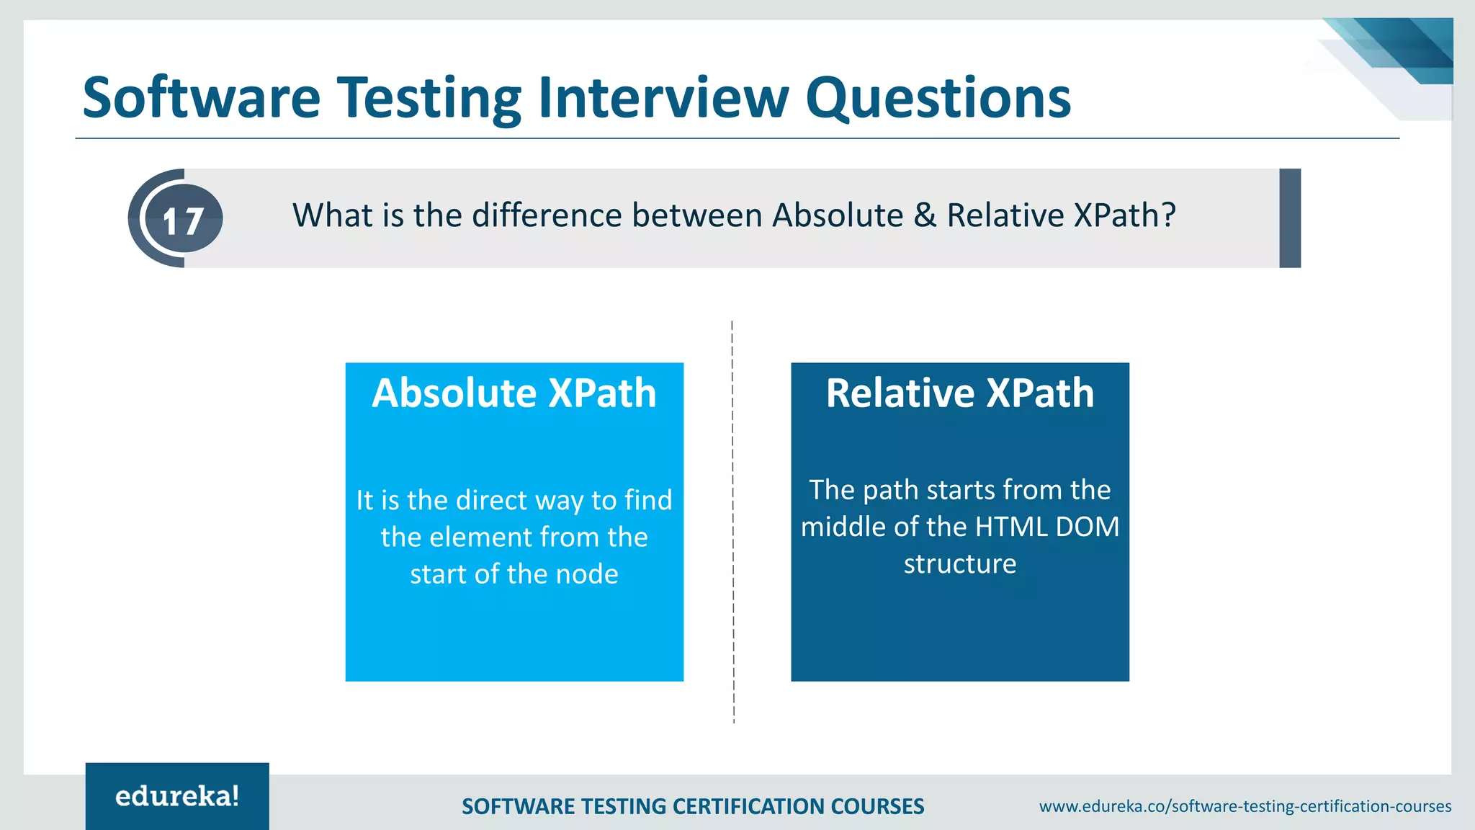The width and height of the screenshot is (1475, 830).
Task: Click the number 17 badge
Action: point(183,220)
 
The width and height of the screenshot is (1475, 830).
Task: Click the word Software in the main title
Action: point(201,98)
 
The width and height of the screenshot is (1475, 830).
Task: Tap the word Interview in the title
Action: point(663,98)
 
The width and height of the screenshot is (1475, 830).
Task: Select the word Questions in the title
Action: point(938,98)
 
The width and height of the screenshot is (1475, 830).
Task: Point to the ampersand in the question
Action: point(925,215)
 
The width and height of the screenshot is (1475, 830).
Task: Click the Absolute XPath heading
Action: point(514,393)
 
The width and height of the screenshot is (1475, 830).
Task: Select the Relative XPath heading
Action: point(959,393)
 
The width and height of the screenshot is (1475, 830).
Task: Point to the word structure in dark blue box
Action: point(959,564)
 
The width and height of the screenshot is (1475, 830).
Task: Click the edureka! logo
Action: point(177,796)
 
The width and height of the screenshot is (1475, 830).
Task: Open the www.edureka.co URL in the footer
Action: point(1245,806)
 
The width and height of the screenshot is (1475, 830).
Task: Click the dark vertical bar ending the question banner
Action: point(1289,218)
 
